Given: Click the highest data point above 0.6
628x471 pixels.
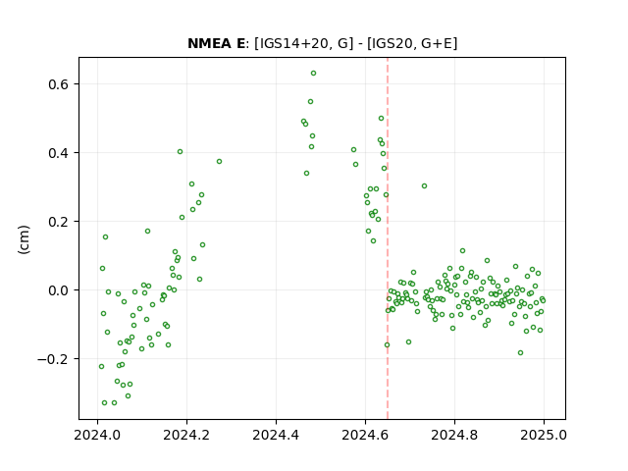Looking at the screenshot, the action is click(x=314, y=74).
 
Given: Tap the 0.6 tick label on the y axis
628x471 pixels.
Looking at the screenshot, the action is click(x=59, y=84).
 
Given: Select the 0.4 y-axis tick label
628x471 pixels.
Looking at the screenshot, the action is click(x=59, y=153).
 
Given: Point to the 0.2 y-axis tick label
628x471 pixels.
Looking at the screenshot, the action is click(x=59, y=222).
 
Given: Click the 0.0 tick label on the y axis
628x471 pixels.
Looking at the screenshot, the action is click(x=59, y=290).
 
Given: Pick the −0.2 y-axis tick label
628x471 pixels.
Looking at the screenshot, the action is click(x=53, y=359).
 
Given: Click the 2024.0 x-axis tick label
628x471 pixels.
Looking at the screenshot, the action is click(x=97, y=435).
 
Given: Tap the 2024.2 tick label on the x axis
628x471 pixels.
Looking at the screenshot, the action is click(x=186, y=435).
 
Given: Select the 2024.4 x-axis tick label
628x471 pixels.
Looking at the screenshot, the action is click(x=276, y=435).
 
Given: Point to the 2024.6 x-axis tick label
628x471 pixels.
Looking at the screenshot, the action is click(x=365, y=435).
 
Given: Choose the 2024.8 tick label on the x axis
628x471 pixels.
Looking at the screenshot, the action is click(x=454, y=435).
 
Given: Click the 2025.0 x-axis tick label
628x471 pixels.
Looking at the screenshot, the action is click(x=544, y=435).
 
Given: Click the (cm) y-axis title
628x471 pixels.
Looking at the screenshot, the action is click(x=24, y=239).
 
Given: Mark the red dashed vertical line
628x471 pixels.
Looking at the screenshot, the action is click(x=388, y=238).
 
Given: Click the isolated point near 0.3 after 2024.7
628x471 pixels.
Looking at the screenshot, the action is click(x=424, y=185).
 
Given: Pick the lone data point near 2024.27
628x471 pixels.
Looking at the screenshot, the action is click(x=219, y=161).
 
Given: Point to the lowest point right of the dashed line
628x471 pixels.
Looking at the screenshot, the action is click(x=520, y=353).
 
